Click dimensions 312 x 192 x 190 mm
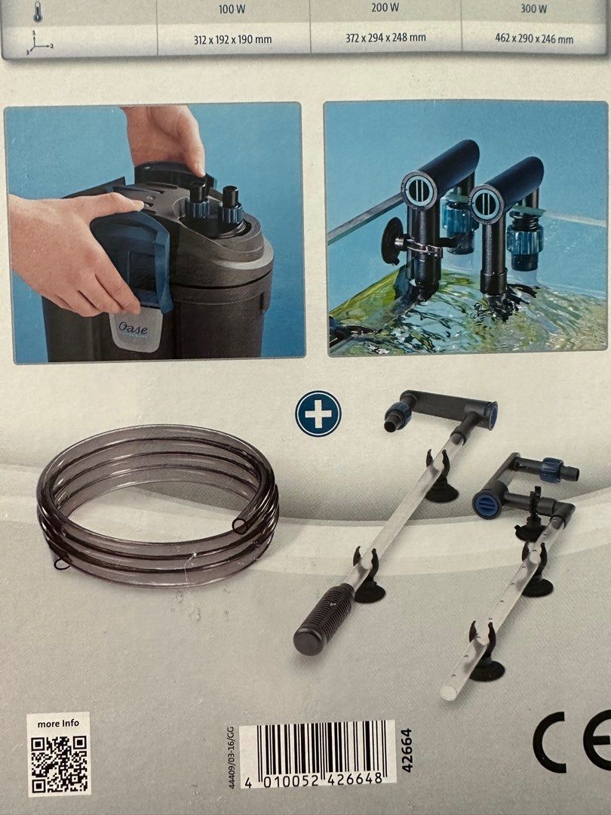[x=235, y=39]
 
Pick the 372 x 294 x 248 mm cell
[x=385, y=38]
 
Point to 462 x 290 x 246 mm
[x=533, y=39]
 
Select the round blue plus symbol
[x=318, y=413]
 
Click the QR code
[x=60, y=763]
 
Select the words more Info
[x=58, y=723]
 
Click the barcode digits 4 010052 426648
[x=317, y=779]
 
